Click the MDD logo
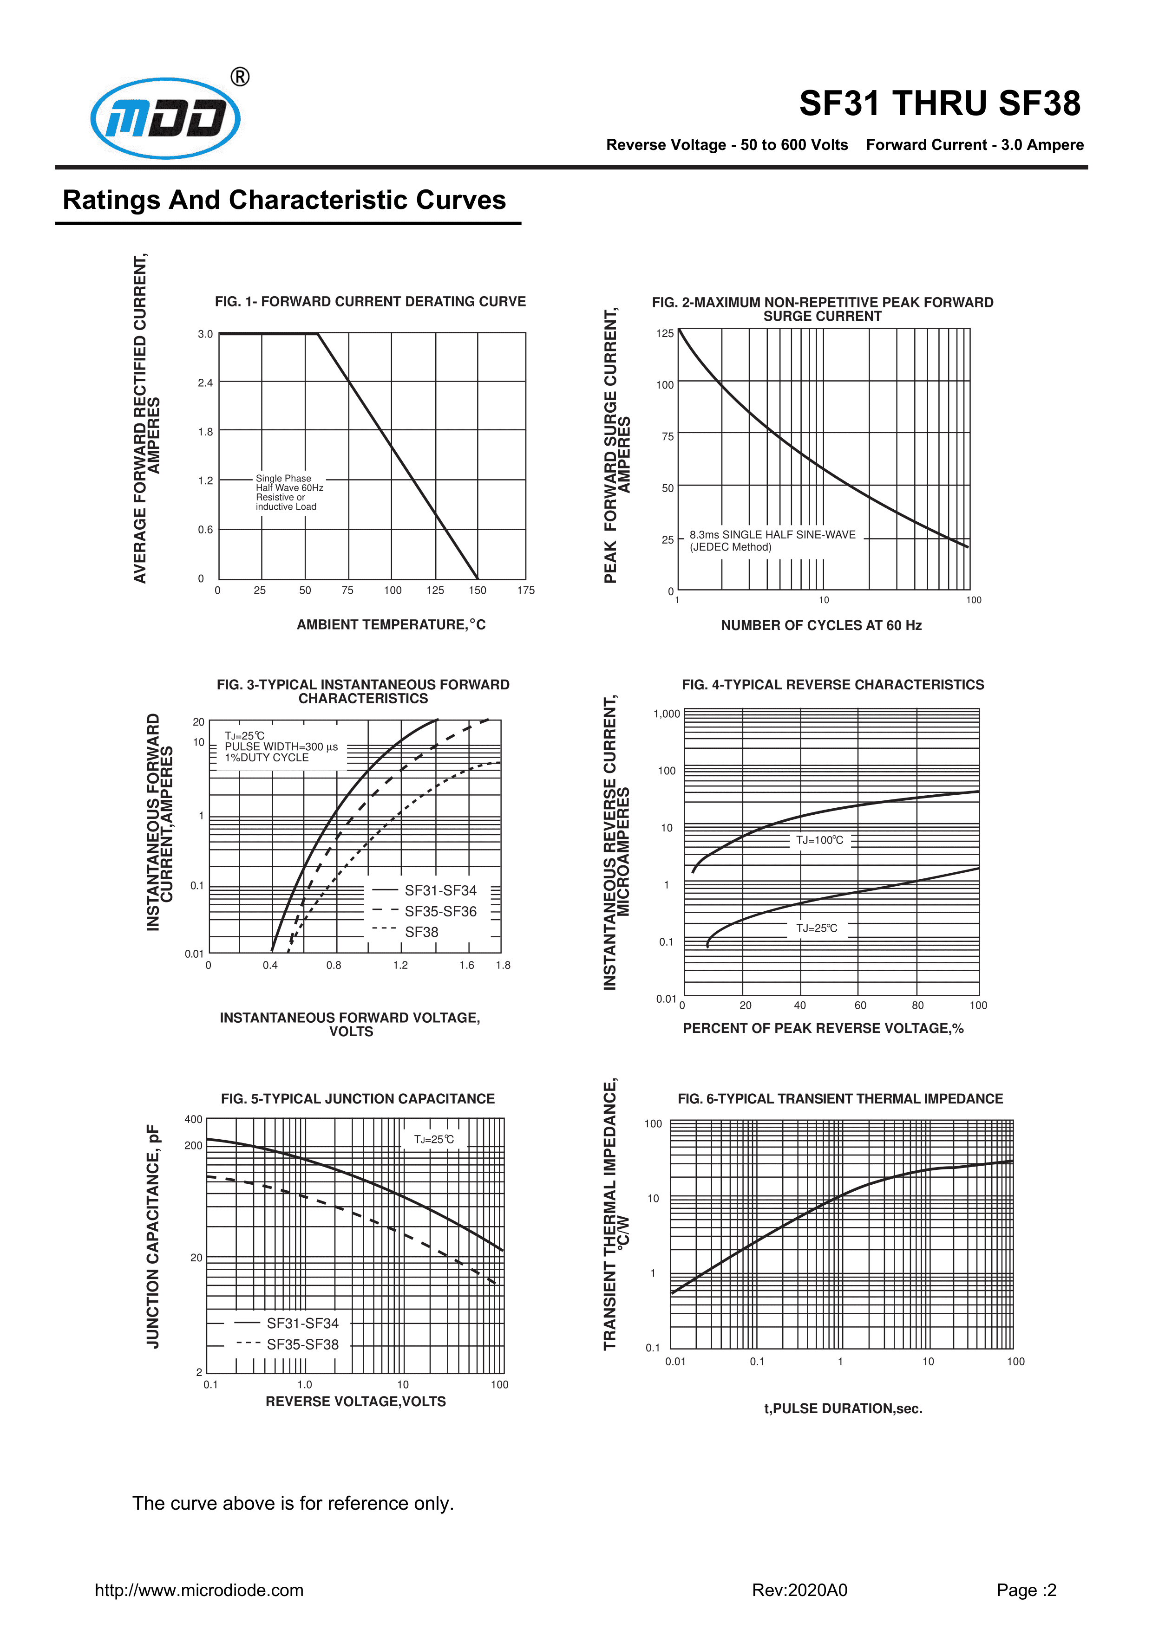click(165, 118)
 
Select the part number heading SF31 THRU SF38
click(939, 104)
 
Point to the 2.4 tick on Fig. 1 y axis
click(205, 383)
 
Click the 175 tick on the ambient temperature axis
click(525, 591)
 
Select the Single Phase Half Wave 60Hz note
click(289, 493)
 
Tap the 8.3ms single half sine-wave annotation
click(772, 541)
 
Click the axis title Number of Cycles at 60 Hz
click(821, 625)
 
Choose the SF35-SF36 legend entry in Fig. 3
click(440, 912)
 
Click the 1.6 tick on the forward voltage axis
click(466, 965)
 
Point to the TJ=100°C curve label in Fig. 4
click(820, 841)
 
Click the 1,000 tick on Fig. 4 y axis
click(667, 714)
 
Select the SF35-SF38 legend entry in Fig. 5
click(302, 1344)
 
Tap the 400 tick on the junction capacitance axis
click(193, 1120)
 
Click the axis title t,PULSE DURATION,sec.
click(843, 1408)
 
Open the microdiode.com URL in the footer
click(199, 1590)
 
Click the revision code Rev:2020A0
click(799, 1590)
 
